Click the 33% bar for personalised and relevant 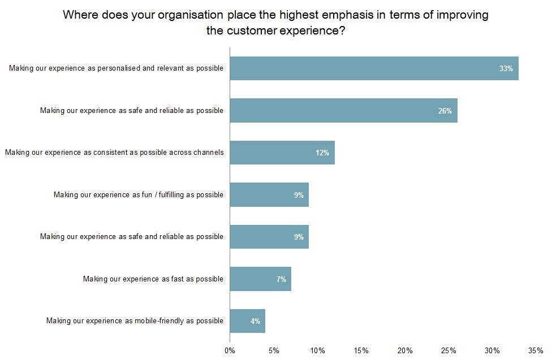373,68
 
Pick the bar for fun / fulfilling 269,195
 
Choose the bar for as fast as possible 260,279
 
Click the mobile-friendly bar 247,321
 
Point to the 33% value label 506,69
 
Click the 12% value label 322,153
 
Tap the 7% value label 281,279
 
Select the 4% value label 255,322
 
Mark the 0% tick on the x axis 230,350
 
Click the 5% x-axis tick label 274,350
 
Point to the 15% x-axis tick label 361,350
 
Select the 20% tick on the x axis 405,350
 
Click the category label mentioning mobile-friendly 135,322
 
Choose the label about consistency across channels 114,153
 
